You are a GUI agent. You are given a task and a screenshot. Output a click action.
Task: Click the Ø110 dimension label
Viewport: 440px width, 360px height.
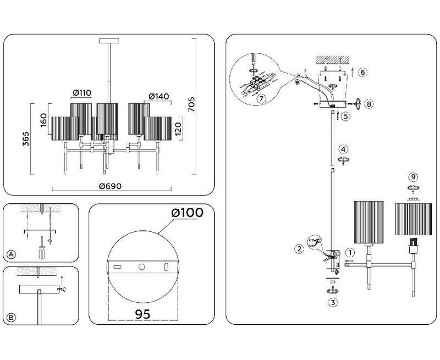(x=82, y=92)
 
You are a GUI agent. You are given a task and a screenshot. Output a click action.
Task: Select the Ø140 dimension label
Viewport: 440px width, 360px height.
(x=159, y=96)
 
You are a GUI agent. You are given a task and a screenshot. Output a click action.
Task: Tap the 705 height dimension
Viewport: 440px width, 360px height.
(x=191, y=104)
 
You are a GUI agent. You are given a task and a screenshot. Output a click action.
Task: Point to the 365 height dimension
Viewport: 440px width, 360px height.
(x=26, y=139)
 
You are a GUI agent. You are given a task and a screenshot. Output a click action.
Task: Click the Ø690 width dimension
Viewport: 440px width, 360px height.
(x=111, y=186)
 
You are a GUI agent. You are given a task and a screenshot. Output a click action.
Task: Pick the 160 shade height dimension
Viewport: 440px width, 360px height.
(x=43, y=120)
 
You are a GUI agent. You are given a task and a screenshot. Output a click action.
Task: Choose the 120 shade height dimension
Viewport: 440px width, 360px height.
(x=178, y=129)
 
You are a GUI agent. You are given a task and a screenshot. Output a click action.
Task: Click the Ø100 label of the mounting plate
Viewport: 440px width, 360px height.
(x=187, y=213)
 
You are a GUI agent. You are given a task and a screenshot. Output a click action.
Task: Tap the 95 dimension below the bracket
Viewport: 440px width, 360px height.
(x=143, y=314)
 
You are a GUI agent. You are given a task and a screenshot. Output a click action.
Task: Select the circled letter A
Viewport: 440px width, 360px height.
(x=11, y=254)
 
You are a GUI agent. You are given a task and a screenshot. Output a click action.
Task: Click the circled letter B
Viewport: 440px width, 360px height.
(x=11, y=317)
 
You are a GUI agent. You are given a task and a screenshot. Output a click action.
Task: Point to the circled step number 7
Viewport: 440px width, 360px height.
(x=261, y=99)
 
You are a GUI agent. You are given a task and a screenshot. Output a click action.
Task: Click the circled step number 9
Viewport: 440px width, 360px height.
(x=413, y=177)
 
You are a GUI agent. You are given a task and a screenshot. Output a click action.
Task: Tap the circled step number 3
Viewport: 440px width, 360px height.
(x=333, y=302)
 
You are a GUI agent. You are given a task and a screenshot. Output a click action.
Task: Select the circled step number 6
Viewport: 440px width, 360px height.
(x=362, y=73)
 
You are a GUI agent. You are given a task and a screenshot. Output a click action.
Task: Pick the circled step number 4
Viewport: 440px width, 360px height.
(x=343, y=149)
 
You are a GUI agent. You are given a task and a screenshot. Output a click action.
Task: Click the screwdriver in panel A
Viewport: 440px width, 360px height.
(x=42, y=248)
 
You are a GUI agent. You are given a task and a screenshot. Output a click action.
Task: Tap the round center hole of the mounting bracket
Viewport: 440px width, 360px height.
(x=142, y=267)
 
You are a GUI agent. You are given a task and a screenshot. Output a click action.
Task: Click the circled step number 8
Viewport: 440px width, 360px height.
(x=369, y=104)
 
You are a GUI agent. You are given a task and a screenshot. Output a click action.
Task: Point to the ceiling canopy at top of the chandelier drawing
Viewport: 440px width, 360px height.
(x=109, y=41)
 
